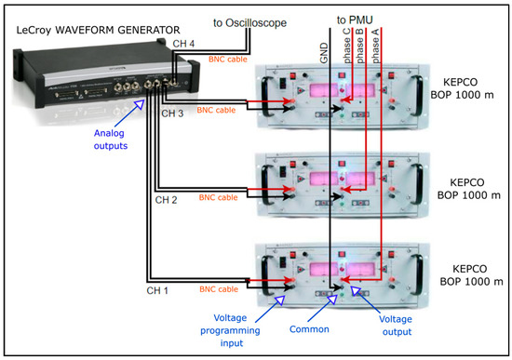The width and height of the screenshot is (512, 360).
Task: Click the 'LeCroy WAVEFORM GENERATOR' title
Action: pos(98,31)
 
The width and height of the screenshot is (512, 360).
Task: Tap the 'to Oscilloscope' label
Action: pos(249,23)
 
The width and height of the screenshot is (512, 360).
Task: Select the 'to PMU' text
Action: pos(355,20)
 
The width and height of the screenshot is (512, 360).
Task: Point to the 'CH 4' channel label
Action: pos(183,44)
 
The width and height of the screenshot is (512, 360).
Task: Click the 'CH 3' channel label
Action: pos(172,113)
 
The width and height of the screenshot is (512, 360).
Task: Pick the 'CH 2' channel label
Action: pos(166,200)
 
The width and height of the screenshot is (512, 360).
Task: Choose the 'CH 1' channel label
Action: pos(157,290)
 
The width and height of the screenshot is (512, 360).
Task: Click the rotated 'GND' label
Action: pos(324,54)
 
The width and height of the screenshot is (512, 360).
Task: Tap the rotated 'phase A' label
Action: pos(375,46)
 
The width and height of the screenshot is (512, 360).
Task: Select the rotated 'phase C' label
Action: pos(346,46)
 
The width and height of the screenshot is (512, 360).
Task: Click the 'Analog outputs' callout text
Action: pos(111,140)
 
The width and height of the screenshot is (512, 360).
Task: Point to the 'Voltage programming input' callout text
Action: pos(230,330)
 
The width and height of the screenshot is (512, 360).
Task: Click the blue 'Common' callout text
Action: pos(309,329)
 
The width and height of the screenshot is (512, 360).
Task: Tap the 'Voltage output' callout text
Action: pos(396,326)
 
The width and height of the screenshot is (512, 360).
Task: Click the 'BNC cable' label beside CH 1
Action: pos(219,289)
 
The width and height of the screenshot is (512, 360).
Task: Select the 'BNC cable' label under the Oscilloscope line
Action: pos(228,60)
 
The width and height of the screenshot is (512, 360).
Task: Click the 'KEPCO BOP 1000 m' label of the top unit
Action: pos(462,88)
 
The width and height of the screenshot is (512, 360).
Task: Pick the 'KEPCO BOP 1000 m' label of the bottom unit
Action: pos(471,275)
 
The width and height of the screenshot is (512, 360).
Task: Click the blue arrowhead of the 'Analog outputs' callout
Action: pos(140,104)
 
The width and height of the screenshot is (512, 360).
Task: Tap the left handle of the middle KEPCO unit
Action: pos(266,184)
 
